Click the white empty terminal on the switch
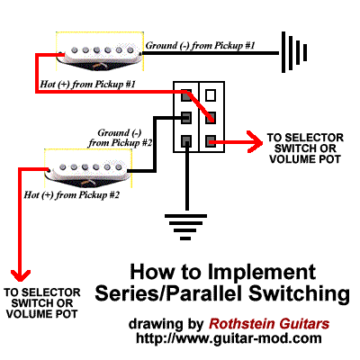[x=211, y=95]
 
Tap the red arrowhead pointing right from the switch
[x=255, y=141]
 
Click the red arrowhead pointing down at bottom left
[x=21, y=275]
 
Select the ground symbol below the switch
[x=185, y=228]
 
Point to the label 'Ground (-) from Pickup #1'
[x=201, y=46]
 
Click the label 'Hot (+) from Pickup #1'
[x=87, y=85]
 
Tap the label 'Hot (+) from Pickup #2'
[x=72, y=195]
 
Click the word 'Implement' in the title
[x=262, y=273]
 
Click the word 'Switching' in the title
[x=299, y=294]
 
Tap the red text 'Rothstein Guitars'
[x=269, y=324]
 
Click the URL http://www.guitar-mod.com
[x=229, y=338]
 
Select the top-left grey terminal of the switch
[x=186, y=95]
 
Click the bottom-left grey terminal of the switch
[x=186, y=140]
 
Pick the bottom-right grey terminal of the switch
[x=211, y=140]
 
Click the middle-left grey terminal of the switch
[x=186, y=118]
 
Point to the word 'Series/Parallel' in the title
[x=168, y=294]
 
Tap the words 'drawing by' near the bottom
[x=166, y=325]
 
